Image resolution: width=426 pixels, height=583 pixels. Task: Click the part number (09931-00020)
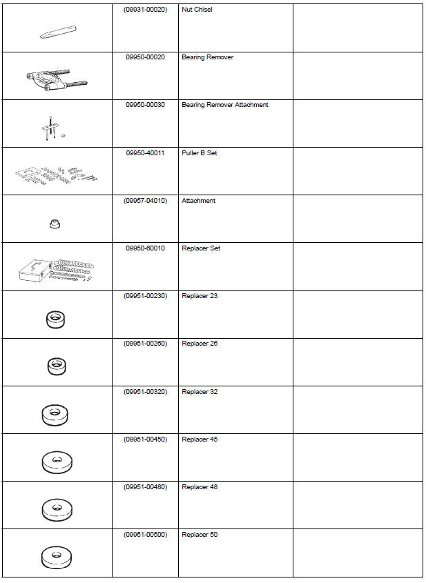pos(145,10)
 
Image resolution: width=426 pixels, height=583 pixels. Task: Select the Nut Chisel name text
pos(198,10)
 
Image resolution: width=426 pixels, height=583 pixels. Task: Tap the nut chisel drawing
pos(57,32)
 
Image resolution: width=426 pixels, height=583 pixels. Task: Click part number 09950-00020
pos(145,57)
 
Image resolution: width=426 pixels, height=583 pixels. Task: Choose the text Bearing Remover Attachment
pos(224,105)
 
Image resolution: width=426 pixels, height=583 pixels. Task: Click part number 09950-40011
pos(145,152)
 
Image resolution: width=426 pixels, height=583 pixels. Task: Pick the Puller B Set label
pos(199,152)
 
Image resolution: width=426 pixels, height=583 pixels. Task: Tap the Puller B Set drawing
pos(57,172)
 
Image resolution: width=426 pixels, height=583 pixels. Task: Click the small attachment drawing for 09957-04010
pos(56,224)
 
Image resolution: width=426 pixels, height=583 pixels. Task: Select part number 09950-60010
pos(145,248)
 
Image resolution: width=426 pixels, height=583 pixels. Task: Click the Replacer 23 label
pos(200,296)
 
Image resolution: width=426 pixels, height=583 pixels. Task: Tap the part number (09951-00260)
pos(145,344)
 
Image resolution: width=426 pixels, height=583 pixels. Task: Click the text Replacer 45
pos(200,439)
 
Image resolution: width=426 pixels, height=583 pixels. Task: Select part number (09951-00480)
pos(145,487)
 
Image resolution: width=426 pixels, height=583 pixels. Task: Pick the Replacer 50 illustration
pos(57,556)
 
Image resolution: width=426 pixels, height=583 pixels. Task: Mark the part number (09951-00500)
pos(145,535)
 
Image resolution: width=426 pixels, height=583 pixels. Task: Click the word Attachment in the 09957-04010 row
pos(198,201)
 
